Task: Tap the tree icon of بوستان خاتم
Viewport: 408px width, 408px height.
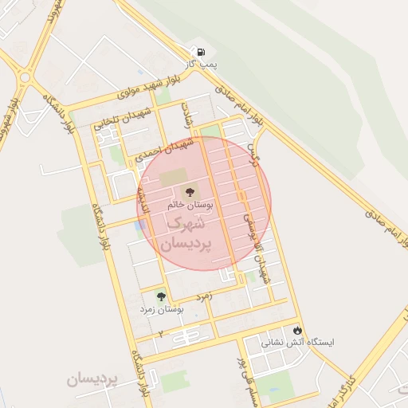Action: click(x=190, y=192)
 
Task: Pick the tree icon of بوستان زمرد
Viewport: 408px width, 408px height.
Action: click(x=162, y=296)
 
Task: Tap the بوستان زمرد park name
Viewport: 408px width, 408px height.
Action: click(x=162, y=308)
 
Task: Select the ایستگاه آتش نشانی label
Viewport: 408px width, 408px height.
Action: click(x=298, y=342)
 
